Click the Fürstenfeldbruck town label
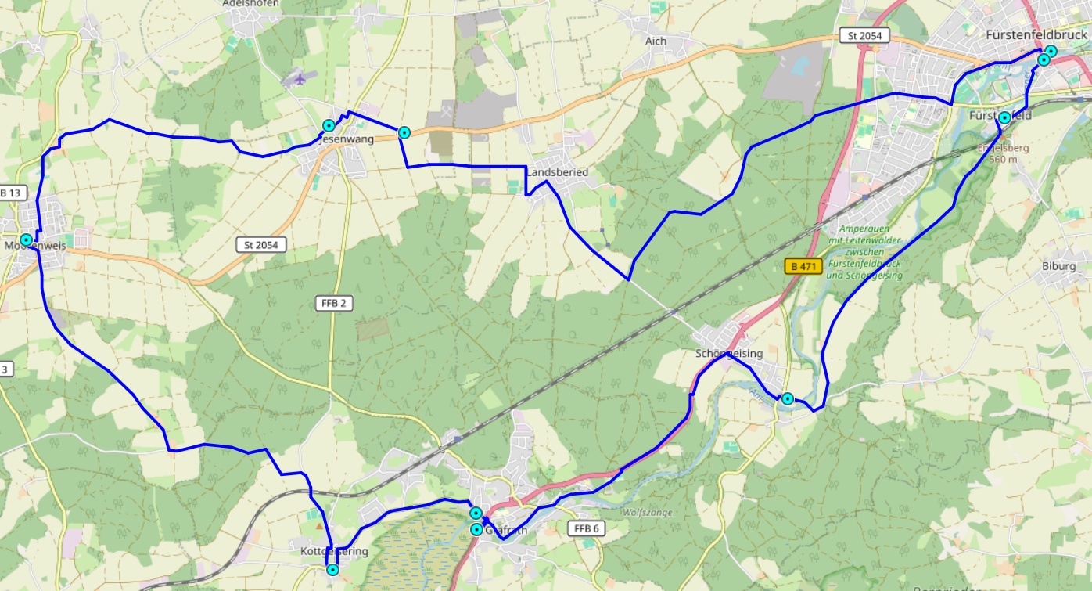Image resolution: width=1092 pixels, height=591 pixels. click(x=1036, y=35)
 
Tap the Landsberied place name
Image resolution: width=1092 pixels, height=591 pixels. click(x=557, y=172)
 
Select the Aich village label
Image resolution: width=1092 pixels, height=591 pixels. click(x=656, y=41)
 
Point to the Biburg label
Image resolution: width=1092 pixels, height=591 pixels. click(x=1058, y=266)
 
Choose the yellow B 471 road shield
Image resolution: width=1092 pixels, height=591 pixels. click(x=803, y=267)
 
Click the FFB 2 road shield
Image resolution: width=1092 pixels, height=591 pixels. click(x=333, y=304)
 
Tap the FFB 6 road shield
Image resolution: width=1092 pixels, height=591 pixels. click(x=586, y=528)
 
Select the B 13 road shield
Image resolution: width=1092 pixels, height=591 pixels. click(x=13, y=193)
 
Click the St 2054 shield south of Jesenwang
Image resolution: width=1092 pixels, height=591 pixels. click(x=261, y=245)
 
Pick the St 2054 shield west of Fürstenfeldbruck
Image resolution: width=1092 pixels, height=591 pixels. click(x=864, y=35)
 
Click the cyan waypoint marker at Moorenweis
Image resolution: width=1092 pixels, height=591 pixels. click(x=27, y=240)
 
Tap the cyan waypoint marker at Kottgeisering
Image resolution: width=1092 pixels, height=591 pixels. click(x=332, y=570)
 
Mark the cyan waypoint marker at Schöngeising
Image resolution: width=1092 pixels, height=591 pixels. click(x=788, y=398)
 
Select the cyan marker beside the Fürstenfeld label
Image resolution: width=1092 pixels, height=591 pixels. click(x=1004, y=118)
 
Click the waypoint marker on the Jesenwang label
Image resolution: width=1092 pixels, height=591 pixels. click(x=329, y=125)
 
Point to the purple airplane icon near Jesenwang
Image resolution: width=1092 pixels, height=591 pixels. click(x=298, y=78)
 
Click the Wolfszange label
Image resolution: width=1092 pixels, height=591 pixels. click(x=647, y=513)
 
